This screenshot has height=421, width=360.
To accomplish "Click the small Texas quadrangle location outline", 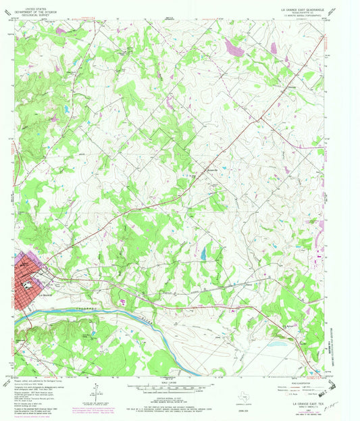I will tap(255, 392).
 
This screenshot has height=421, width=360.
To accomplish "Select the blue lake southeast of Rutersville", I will tap(203, 253).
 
